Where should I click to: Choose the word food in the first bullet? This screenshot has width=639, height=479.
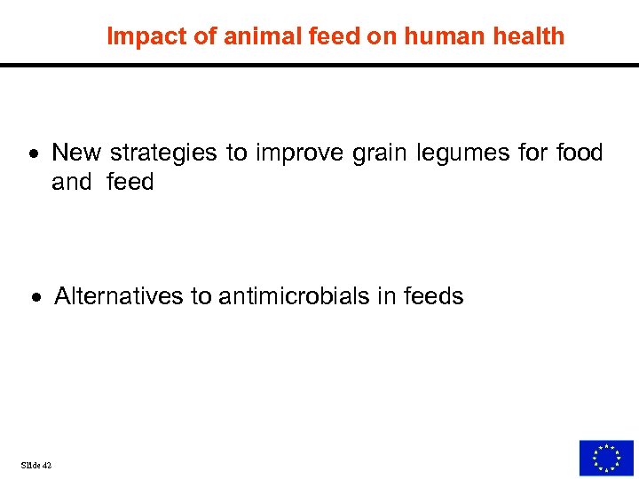click(580, 153)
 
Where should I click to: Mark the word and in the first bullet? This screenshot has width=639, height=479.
click(72, 182)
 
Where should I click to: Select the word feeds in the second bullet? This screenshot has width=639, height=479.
click(433, 295)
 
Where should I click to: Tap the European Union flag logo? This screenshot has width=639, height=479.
click(606, 458)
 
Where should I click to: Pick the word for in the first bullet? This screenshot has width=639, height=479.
click(532, 153)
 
